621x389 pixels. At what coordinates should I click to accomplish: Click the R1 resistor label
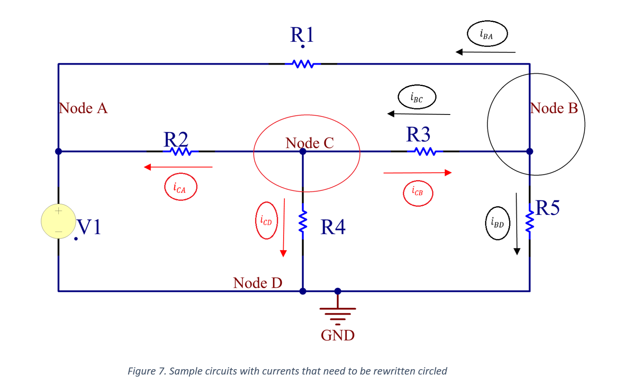302,35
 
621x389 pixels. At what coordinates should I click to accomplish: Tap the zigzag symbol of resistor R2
180,152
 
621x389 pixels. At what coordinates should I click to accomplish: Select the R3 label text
418,134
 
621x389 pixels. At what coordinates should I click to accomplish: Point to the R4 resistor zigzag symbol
303,222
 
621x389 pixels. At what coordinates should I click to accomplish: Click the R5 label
548,208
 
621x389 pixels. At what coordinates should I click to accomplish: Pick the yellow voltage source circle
58,221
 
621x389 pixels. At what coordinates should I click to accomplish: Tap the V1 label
89,227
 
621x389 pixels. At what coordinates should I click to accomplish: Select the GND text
338,335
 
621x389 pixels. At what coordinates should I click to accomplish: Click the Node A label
83,108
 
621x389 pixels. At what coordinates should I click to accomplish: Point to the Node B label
554,108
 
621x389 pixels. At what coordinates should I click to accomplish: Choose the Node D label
258,283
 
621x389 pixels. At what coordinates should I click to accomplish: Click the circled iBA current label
487,34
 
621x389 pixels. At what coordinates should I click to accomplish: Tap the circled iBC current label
417,97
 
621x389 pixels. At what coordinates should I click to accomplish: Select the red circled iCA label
180,187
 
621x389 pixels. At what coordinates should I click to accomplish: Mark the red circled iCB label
418,193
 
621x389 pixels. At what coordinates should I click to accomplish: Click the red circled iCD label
266,220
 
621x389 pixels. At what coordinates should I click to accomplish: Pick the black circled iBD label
498,223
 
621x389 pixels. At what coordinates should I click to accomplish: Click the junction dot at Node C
303,152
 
